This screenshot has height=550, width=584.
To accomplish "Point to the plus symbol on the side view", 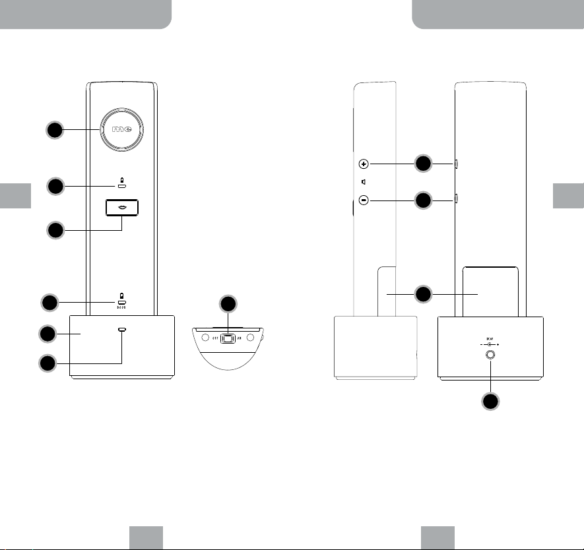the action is pyautogui.click(x=364, y=163).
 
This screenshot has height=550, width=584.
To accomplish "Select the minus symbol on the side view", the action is pyautogui.click(x=364, y=200).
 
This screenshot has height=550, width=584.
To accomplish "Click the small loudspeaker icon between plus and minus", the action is pyautogui.click(x=364, y=181).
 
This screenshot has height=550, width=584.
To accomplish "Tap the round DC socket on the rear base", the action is pyautogui.click(x=490, y=355).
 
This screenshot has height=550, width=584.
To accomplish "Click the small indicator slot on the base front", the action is pyautogui.click(x=121, y=328).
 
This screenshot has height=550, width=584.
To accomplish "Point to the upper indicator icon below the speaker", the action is pyautogui.click(x=121, y=184).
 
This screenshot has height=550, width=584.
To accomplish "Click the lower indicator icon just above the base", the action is pyautogui.click(x=121, y=299).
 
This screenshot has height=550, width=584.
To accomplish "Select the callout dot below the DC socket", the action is pyautogui.click(x=490, y=402).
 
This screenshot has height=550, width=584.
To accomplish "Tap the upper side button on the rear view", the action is pyautogui.click(x=456, y=163).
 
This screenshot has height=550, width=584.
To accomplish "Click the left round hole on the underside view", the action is pyautogui.click(x=205, y=339).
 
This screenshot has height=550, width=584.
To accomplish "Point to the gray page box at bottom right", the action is pyautogui.click(x=438, y=537).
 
